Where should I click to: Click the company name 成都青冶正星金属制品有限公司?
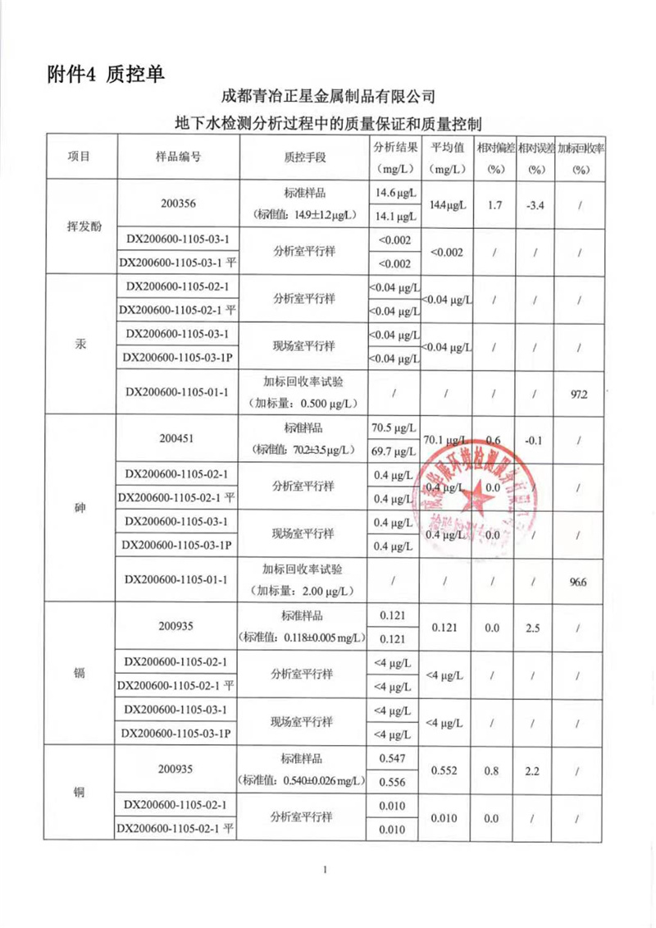pos(327,98)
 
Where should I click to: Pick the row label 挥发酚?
pos(80,227)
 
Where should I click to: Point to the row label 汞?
pos(80,345)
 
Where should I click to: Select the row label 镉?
pos(80,673)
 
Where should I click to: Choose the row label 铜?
pos(80,793)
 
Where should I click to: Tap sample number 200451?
pos(179,439)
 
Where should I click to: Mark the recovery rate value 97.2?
pos(580,394)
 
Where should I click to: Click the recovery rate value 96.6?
pos(580,580)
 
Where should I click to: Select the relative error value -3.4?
pos(536,204)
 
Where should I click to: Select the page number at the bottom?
pos(326,869)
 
